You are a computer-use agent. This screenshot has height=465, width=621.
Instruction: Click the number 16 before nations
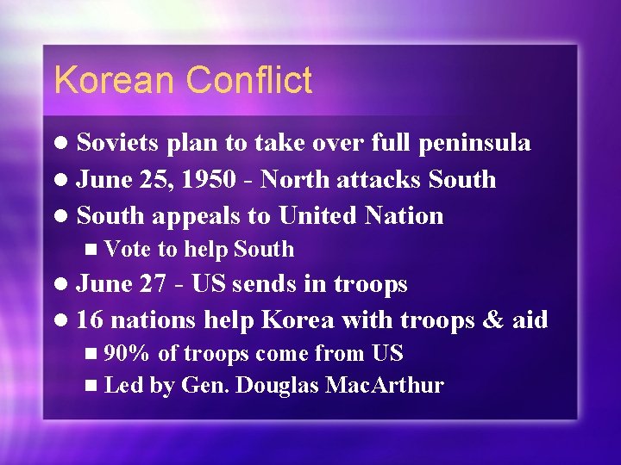click(x=90, y=320)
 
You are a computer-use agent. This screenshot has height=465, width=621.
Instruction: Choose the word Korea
click(x=298, y=320)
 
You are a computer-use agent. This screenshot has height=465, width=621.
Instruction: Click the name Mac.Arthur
click(x=385, y=385)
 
